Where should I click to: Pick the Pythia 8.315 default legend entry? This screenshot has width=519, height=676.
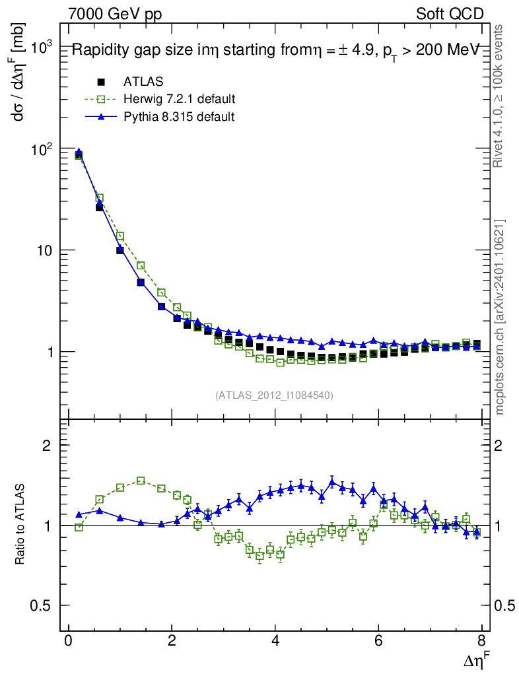(179, 116)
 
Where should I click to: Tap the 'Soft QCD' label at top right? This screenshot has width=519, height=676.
(450, 14)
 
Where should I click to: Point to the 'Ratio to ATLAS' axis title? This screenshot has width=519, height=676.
(19, 525)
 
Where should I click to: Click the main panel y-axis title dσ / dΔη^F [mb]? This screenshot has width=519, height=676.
(19, 79)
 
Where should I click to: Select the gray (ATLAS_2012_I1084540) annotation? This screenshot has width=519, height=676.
(273, 395)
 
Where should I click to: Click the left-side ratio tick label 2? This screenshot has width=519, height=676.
(47, 445)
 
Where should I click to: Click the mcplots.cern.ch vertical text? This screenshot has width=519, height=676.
(501, 317)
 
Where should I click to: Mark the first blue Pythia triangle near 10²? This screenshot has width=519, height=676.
(79, 152)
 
